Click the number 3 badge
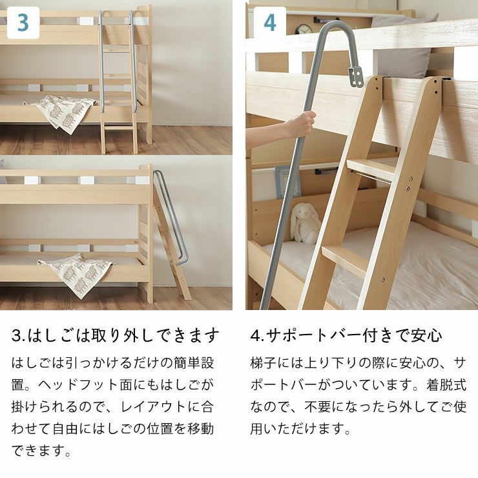[23, 23]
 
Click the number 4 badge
[270, 23]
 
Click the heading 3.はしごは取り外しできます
[116, 336]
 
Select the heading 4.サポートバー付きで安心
[346, 336]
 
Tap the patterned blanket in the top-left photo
[65, 112]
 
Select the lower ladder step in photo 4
[346, 258]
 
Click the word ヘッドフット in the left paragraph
[85, 385]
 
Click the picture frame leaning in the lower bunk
[287, 181]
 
